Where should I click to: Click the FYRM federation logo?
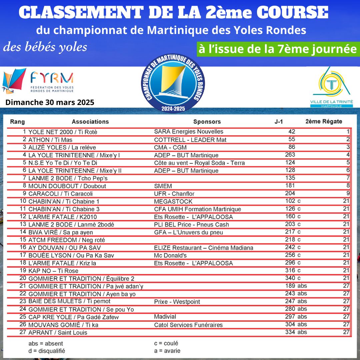click(38, 81)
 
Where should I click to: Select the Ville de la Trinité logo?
click(332, 87)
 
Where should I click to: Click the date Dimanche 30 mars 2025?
click(50, 102)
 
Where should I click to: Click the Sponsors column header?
click(207, 122)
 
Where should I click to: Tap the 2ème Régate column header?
click(324, 121)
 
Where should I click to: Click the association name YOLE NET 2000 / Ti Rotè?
click(63, 132)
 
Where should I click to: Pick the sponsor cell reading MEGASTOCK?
click(173, 201)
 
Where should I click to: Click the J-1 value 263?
click(290, 155)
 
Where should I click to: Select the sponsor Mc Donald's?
click(170, 255)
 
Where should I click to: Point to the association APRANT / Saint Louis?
click(58, 332)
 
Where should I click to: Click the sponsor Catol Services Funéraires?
click(188, 325)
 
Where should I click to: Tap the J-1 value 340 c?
click(293, 278)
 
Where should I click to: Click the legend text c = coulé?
click(164, 343)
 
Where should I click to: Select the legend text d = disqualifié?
click(47, 351)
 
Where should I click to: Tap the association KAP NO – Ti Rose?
click(54, 271)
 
